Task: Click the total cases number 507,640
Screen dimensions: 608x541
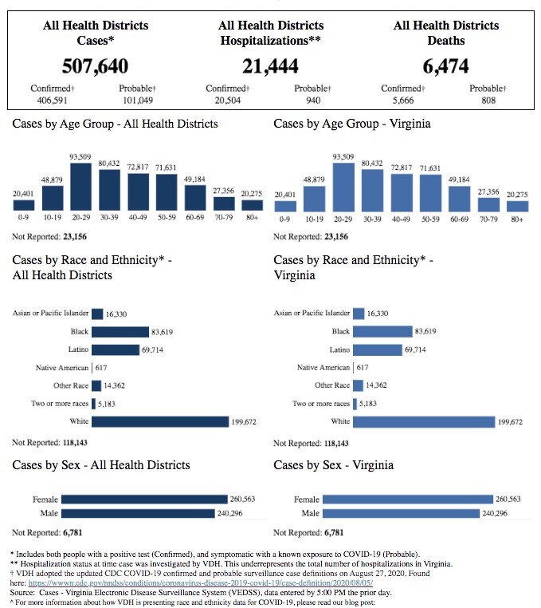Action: (96, 65)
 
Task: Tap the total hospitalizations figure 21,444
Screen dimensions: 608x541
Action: (271, 65)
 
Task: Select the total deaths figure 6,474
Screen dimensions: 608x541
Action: (446, 65)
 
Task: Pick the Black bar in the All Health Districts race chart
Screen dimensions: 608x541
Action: (120, 332)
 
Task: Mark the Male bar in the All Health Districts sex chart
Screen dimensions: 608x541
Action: (137, 513)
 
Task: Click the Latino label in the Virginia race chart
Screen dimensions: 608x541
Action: (340, 349)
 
